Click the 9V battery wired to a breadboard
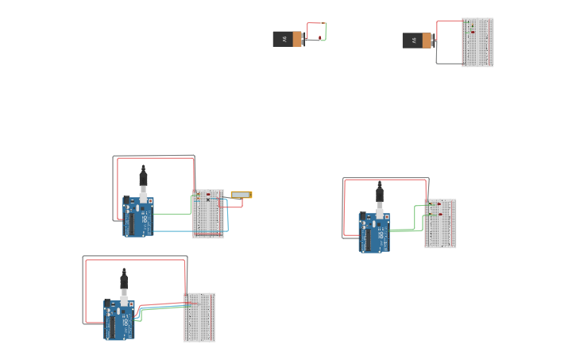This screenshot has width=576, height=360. (x=418, y=41)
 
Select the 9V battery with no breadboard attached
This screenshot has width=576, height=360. (x=288, y=39)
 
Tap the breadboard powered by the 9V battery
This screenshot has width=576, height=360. (x=477, y=42)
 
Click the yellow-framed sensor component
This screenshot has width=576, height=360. (x=242, y=195)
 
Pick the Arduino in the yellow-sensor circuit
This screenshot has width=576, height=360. (x=138, y=217)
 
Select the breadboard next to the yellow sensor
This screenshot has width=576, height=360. (x=208, y=214)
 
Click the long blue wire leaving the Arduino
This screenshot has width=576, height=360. (x=191, y=231)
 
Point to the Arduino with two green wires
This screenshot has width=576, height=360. (x=374, y=232)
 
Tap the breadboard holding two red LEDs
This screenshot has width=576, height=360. (x=440, y=223)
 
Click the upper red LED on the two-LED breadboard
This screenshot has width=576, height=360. (x=439, y=204)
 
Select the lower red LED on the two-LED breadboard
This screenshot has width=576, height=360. (x=439, y=215)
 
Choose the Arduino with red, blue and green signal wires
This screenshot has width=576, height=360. (x=119, y=319)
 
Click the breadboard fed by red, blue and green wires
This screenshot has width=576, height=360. (x=199, y=317)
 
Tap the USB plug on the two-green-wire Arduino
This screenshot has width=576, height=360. (x=380, y=195)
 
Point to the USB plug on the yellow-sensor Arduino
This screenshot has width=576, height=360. (x=144, y=180)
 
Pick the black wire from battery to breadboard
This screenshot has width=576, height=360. (x=449, y=63)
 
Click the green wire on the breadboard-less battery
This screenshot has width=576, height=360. (x=325, y=32)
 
